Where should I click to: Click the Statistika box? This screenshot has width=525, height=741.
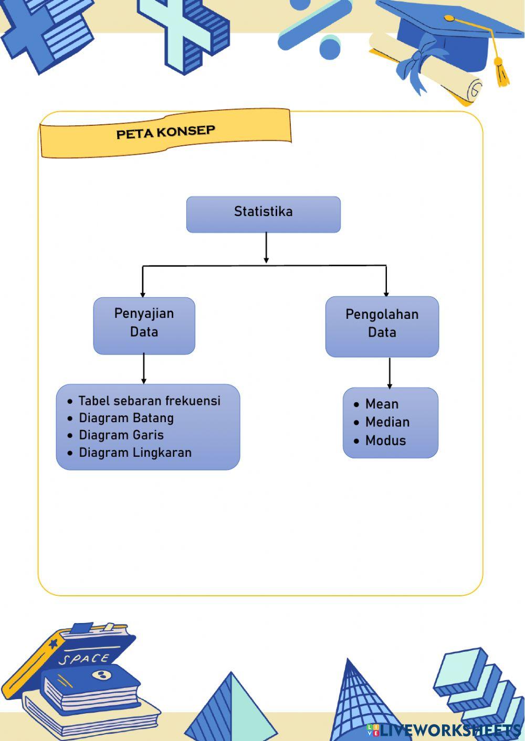click(263, 214)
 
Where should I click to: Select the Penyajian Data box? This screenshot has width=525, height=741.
click(144, 326)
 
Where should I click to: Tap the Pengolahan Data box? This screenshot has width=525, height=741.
click(382, 326)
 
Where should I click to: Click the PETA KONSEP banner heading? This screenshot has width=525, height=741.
click(165, 132)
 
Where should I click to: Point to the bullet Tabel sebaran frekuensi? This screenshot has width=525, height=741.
click(149, 401)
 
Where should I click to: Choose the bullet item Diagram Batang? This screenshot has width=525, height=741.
click(126, 418)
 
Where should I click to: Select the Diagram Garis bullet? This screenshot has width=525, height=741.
click(121, 435)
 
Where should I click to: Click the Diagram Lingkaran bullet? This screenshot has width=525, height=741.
click(135, 453)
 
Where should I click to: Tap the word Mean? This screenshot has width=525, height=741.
click(382, 404)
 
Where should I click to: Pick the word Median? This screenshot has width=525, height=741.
click(387, 422)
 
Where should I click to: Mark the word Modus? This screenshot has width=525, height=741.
click(385, 441)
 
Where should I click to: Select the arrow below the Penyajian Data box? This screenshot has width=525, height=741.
click(143, 369)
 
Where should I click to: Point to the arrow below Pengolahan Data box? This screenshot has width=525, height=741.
click(390, 373)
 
